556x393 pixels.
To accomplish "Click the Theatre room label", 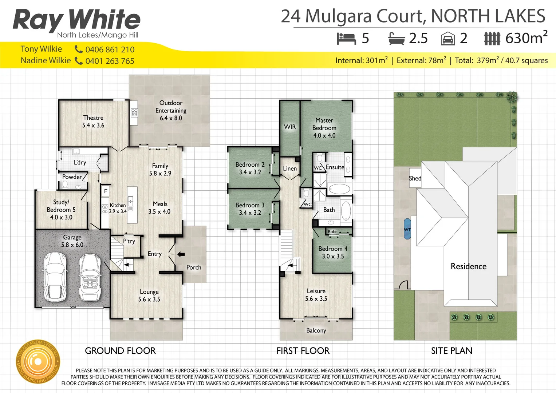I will click(x=93, y=118).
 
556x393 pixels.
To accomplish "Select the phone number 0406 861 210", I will click(x=110, y=49).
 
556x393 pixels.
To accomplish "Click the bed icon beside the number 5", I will click(x=346, y=39).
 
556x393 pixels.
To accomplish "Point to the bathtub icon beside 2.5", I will click(x=397, y=39).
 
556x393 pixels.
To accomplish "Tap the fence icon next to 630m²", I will click(x=492, y=39).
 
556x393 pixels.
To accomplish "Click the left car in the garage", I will click(x=55, y=277).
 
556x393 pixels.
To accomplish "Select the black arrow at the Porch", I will click(x=181, y=254).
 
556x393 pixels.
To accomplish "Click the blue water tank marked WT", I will click(x=407, y=229).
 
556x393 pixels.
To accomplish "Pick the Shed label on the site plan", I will click(x=415, y=178).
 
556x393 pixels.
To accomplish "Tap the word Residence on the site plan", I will click(x=468, y=266).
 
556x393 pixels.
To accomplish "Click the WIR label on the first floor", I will click(x=290, y=127).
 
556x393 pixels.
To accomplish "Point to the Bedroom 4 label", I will click(x=333, y=249).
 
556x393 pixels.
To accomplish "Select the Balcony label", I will click(x=316, y=330).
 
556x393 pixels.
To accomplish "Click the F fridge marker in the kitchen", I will click(x=106, y=191).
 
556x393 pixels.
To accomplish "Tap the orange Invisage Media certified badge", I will click(x=38, y=362).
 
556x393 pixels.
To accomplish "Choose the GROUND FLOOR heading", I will click(x=120, y=351).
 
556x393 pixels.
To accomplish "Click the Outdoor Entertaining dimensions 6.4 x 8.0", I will click(x=171, y=118).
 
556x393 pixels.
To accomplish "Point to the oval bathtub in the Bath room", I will click(x=346, y=211).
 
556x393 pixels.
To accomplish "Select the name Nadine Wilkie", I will click(x=46, y=60).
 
